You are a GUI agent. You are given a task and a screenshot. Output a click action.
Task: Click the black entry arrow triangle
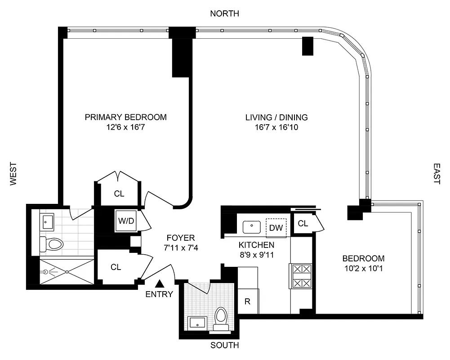pos(160,283)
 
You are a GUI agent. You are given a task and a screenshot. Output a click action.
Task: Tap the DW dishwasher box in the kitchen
pos(276,227)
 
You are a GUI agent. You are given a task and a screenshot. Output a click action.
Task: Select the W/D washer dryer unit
pos(125,221)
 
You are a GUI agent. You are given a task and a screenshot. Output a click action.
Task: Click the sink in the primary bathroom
pos(48,221)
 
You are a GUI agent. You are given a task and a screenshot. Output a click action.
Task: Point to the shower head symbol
pos(46,272)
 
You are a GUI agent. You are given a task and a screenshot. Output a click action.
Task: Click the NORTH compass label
pos(225,14)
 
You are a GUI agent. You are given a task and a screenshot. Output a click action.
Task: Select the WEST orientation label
pos(13,174)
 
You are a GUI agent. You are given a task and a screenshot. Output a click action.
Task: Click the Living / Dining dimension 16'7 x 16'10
pos(276,128)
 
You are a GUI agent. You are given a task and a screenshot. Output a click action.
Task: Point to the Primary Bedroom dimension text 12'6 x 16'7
pos(125,128)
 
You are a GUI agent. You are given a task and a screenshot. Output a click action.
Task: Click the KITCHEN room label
pos(256,245)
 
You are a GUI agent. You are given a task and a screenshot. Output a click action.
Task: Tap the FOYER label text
pos(180,238)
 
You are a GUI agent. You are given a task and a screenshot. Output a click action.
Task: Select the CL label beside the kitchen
pos(303,223)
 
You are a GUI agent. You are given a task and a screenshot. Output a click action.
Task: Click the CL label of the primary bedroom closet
pos(119,194)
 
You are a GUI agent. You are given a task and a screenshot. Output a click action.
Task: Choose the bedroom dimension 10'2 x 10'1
pos(363,269)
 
